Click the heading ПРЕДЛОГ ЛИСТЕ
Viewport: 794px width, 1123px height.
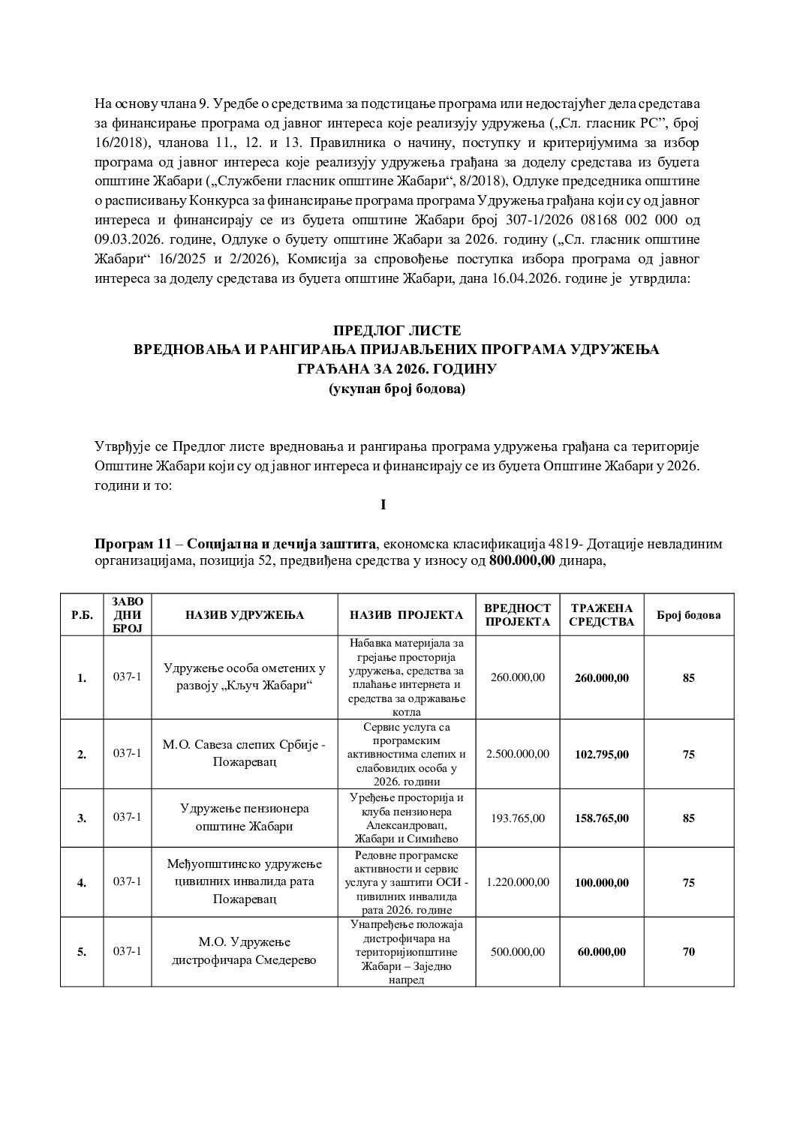[396, 331]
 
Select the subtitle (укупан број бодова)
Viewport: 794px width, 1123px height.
[396, 389]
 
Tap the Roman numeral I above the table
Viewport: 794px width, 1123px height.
[383, 505]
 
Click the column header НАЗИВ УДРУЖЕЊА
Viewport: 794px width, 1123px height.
[245, 615]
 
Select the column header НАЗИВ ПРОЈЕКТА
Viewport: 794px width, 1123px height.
[407, 615]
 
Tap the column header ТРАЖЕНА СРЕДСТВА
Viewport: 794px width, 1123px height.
[602, 615]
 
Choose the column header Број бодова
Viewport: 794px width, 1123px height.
[688, 615]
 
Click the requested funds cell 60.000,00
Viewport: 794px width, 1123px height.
[602, 951]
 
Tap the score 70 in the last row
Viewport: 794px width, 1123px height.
[688, 951]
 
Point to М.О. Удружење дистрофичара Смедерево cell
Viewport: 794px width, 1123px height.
[245, 951]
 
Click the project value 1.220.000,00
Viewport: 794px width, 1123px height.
[518, 882]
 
